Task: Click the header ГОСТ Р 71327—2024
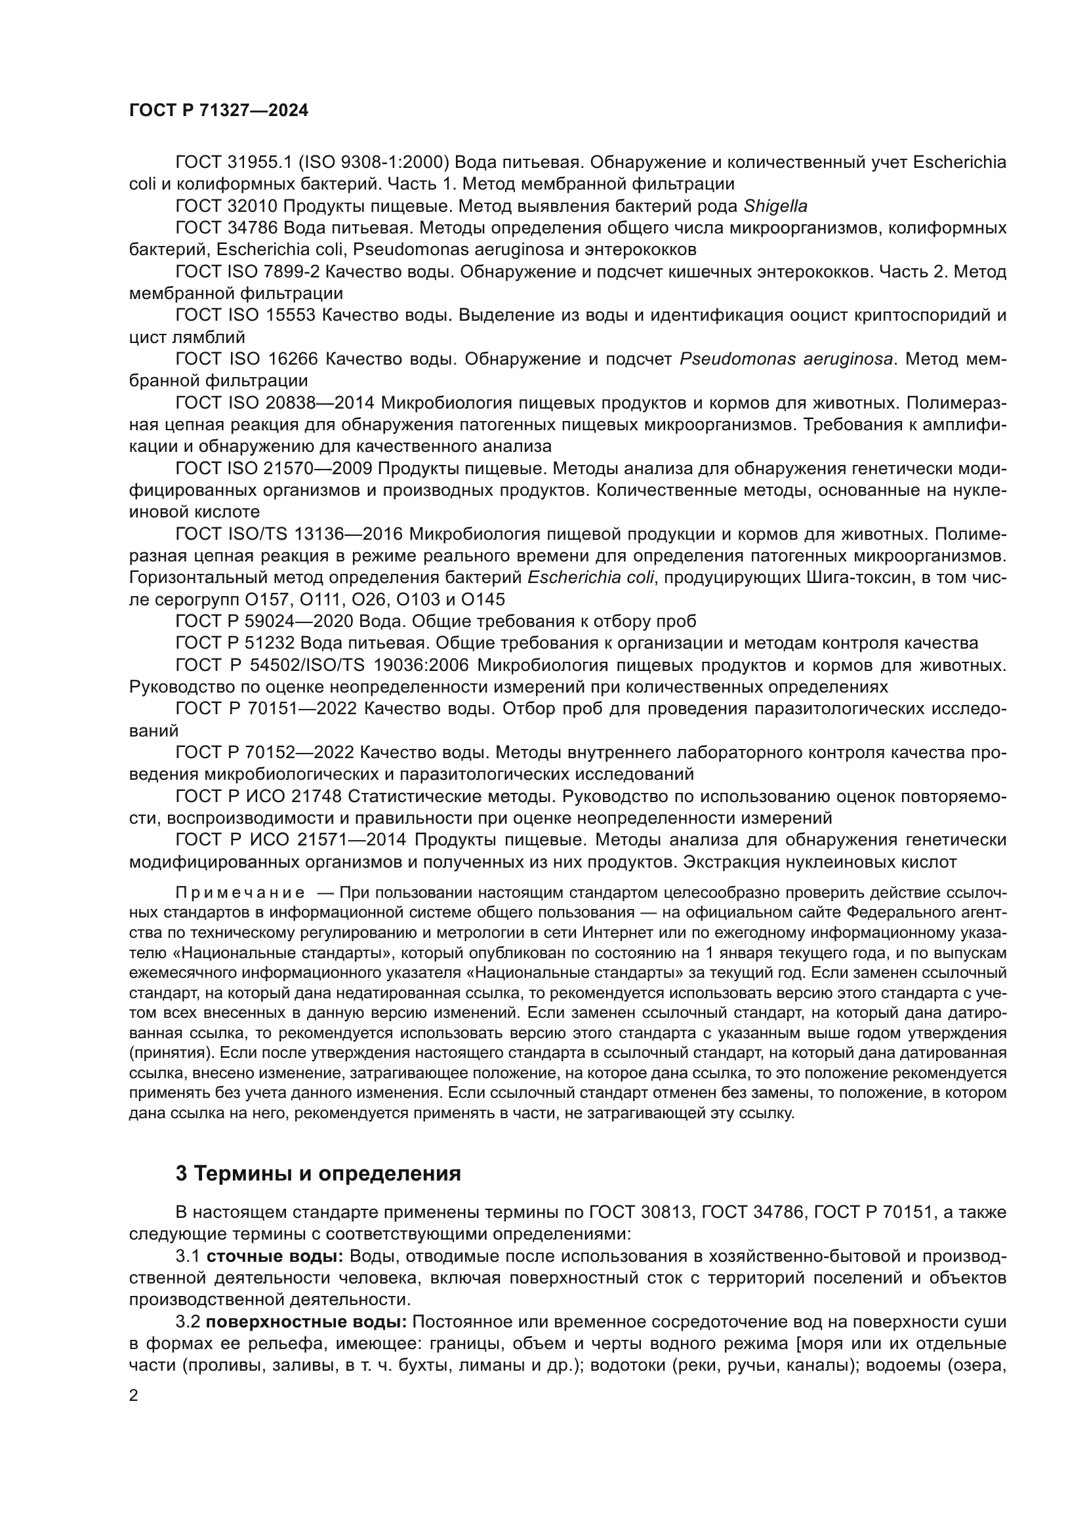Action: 218,111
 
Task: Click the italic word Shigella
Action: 775,207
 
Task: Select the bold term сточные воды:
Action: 275,1256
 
